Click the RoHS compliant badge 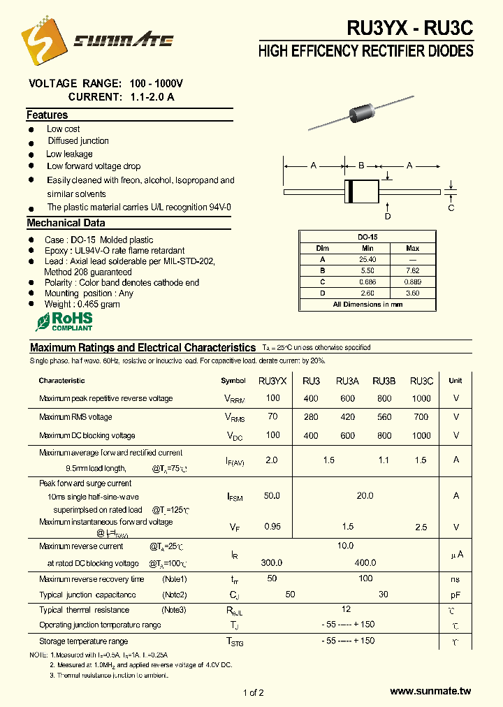(64, 321)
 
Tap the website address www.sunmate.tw (431, 692)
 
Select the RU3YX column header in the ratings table (272, 381)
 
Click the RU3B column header (384, 381)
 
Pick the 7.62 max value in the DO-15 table (412, 270)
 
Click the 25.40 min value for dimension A (367, 259)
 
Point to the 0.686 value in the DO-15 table (367, 282)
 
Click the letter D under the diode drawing (388, 216)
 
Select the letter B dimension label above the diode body (361, 166)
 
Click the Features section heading (47, 115)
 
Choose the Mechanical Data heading (66, 224)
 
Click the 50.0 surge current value (272, 495)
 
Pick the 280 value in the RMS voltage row (311, 417)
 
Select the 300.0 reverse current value (272, 562)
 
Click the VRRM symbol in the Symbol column (234, 399)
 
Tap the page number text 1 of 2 (253, 692)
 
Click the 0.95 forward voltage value (272, 526)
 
